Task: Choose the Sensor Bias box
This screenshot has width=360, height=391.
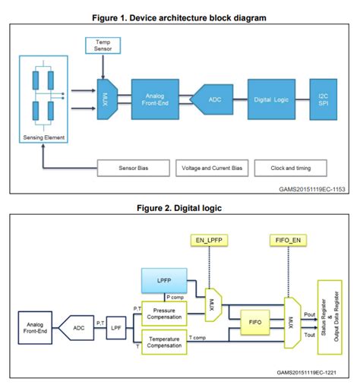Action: pyautogui.click(x=135, y=168)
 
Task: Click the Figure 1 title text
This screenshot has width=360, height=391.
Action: pyautogui.click(x=180, y=14)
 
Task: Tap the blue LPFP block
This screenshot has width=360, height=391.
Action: pyautogui.click(x=163, y=280)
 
